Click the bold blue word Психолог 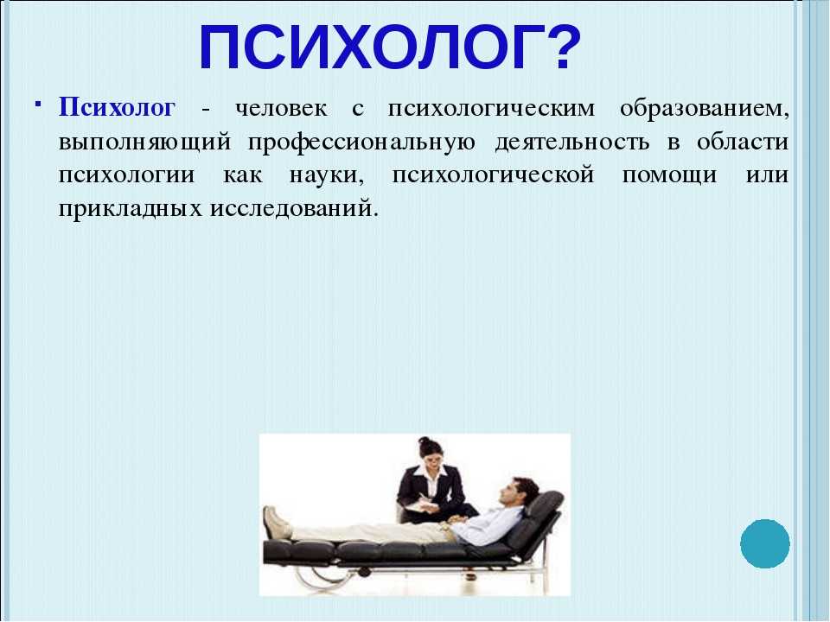117,107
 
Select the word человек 281,109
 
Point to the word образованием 704,110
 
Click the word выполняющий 145,143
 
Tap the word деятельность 571,143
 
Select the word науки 327,176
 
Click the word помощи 669,176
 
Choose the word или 767,175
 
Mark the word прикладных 131,209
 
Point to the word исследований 295,209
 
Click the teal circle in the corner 765,543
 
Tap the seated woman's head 430,451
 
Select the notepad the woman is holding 421,507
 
